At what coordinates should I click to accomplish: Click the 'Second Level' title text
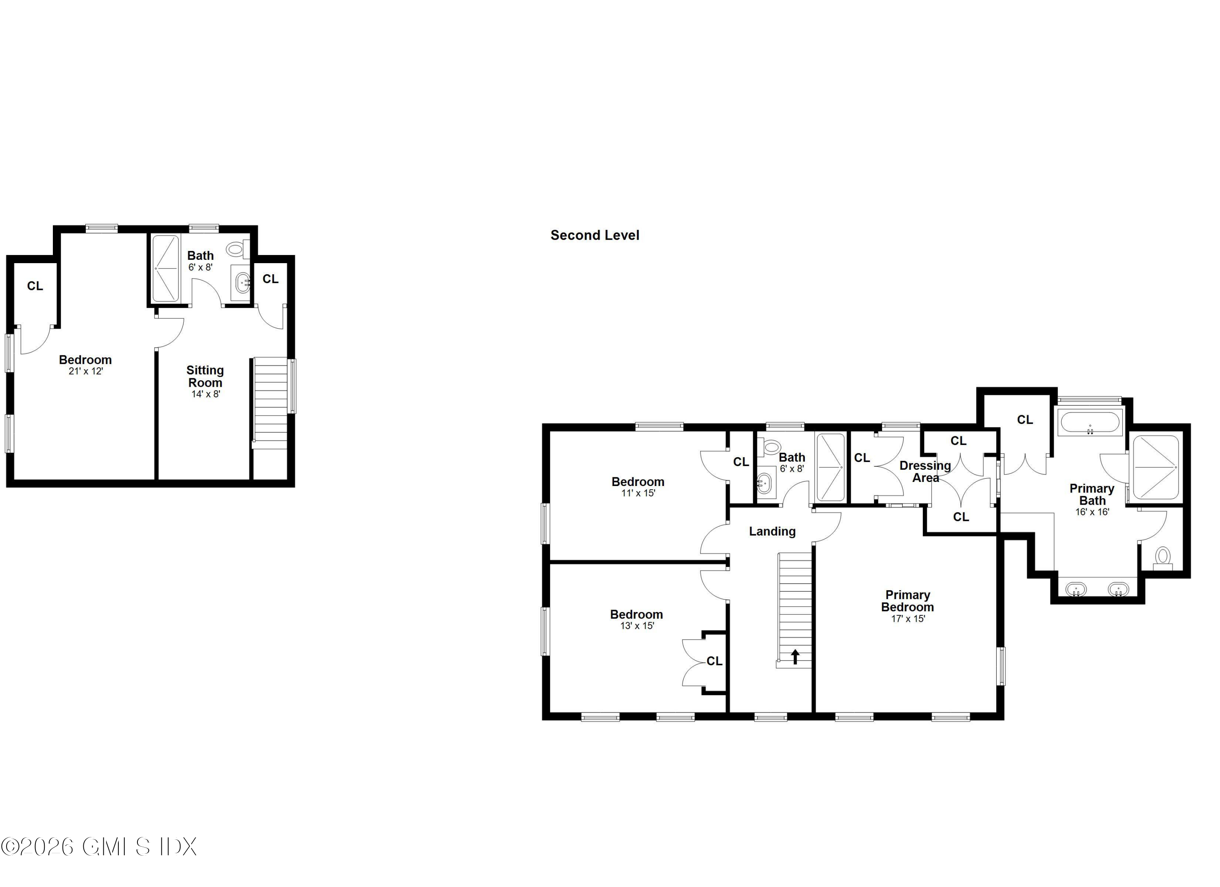[x=595, y=235]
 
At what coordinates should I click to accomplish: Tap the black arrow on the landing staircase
[x=795, y=657]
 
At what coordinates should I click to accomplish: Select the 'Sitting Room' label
[x=205, y=377]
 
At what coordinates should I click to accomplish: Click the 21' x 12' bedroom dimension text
[x=85, y=371]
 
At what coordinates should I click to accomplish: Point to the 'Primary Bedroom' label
[x=907, y=601]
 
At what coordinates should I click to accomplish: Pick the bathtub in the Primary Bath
[x=1090, y=422]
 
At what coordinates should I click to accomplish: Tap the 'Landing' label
[x=772, y=532]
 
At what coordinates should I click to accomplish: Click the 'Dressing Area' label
[x=925, y=471]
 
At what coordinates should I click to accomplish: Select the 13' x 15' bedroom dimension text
[x=637, y=625]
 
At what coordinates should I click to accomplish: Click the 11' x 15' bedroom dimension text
[x=638, y=493]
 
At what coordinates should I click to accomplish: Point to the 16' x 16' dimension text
[x=1092, y=512]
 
